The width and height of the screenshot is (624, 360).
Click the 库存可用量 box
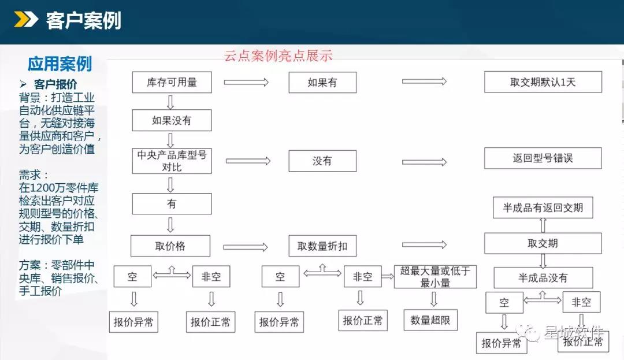[x=172, y=82]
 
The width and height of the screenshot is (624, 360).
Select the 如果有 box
[x=322, y=82]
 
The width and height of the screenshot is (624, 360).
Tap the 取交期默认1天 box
[x=543, y=82]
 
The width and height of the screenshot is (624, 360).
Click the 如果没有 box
[x=172, y=120]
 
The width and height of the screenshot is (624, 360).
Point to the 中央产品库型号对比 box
[x=172, y=161]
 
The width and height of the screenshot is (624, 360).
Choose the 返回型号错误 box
[x=543, y=158]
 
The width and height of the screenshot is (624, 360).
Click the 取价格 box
[x=170, y=246]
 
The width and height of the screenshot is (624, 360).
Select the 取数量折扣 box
[x=322, y=246]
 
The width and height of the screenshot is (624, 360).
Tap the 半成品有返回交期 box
[x=543, y=207]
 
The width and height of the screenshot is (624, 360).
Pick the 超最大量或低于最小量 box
[x=435, y=277]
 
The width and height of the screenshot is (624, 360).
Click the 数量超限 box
[x=430, y=320]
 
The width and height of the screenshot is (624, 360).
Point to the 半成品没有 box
[x=543, y=277]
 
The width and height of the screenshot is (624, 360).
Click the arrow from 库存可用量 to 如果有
[x=246, y=82]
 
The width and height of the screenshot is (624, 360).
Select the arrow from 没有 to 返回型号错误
[x=424, y=162]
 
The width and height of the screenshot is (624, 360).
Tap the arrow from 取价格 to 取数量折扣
[x=246, y=247]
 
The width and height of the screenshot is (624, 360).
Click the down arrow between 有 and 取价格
[x=170, y=225]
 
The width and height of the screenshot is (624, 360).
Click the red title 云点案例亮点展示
[x=278, y=55]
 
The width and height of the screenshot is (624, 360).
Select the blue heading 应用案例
[x=60, y=64]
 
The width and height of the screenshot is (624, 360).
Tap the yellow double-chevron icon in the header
[x=26, y=19]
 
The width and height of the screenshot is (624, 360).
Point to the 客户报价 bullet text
[x=55, y=84]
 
